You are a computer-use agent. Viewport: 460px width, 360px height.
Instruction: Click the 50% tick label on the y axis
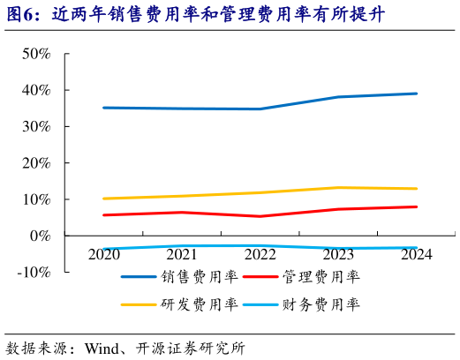click(x=36, y=54)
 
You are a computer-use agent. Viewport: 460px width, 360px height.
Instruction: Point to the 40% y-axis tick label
click(x=36, y=90)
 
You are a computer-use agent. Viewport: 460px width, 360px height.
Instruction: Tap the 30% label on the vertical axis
click(x=36, y=126)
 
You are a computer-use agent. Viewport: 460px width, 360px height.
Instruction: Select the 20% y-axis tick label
click(x=36, y=162)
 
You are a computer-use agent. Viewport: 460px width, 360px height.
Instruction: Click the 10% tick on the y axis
click(x=36, y=199)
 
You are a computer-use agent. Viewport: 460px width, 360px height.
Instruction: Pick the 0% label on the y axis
click(x=41, y=236)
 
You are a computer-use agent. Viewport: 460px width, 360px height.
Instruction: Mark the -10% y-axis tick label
click(x=34, y=272)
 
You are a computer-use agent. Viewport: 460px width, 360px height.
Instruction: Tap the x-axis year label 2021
click(x=182, y=255)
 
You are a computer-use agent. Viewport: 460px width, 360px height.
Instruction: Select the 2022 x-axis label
click(x=260, y=255)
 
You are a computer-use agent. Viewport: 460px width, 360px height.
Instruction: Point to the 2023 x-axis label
click(x=338, y=255)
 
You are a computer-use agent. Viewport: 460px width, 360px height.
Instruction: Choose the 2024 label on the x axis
click(x=416, y=255)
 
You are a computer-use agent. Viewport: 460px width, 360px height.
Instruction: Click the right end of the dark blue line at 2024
click(x=417, y=94)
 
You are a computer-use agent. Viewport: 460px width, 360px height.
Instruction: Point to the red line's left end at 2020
click(x=104, y=214)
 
